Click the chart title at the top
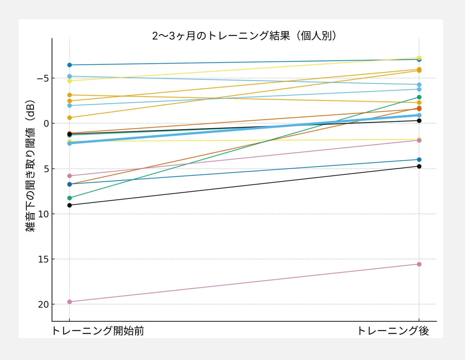coord(244,36)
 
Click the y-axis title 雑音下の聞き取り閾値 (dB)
coord(30,166)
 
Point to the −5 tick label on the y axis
coord(43,78)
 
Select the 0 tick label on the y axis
coord(46,124)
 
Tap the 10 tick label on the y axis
coord(43,214)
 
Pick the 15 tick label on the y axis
coord(43,259)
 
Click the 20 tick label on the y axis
coord(43,304)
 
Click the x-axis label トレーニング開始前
coord(98,331)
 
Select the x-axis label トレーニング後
coord(393,331)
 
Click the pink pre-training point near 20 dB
coord(69,302)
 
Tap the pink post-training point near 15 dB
coord(419,264)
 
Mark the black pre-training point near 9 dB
coord(69,205)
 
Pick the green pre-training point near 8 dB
coord(69,198)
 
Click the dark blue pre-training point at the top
coord(69,65)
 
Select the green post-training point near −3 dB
coord(419,97)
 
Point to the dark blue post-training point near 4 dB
coord(419,160)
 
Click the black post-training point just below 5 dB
coord(419,166)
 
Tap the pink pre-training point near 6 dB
coord(69,176)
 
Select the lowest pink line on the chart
coord(244,283)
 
